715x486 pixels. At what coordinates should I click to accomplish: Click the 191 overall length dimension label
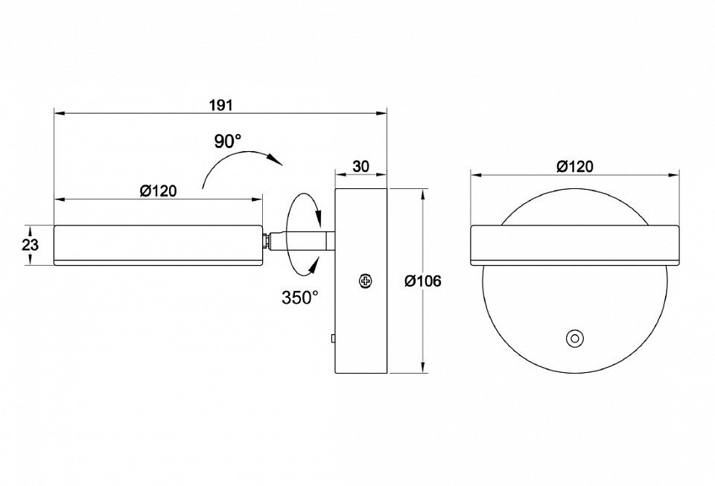point(221,105)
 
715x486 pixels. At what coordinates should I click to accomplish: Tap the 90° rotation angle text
point(228,141)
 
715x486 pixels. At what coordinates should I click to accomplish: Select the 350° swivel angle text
point(299,298)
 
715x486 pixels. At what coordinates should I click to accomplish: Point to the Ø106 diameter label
point(423,281)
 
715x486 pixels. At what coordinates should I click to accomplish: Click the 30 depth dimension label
point(360,166)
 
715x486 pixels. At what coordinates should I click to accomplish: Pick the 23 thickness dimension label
point(30,245)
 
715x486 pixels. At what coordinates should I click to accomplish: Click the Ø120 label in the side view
point(158,191)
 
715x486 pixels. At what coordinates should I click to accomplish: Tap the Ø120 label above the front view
point(575,166)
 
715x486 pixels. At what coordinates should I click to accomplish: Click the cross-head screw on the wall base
point(365,281)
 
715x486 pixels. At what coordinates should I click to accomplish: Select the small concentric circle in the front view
point(574,339)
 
